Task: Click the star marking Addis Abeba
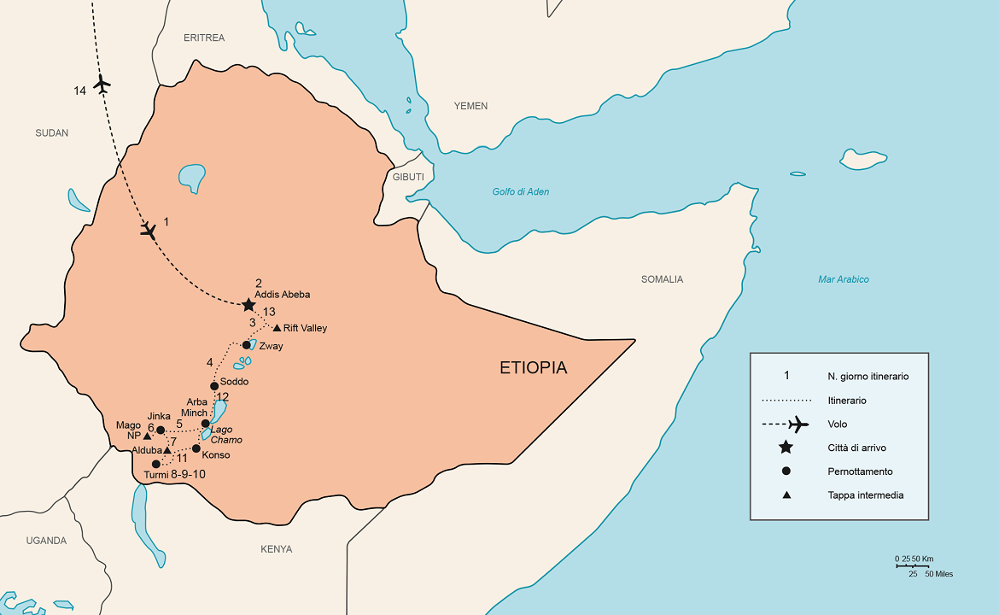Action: [x=248, y=304]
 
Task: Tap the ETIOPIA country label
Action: [x=533, y=368]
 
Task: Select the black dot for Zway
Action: [x=247, y=345]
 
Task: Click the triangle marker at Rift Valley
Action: [x=277, y=328]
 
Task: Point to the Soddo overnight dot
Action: [x=214, y=386]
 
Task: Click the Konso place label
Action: [x=216, y=455]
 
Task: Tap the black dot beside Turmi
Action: [x=155, y=464]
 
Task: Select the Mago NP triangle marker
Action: [x=148, y=436]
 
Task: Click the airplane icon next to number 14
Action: [x=102, y=85]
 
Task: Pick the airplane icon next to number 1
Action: [x=149, y=230]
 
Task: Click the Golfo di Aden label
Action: [x=520, y=192]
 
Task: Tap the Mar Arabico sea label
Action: [x=843, y=279]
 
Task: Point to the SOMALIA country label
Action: [x=662, y=279]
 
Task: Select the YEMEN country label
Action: [x=470, y=106]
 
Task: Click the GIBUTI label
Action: [x=408, y=177]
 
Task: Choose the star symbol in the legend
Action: [x=786, y=448]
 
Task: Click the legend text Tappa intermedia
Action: [x=865, y=495]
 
